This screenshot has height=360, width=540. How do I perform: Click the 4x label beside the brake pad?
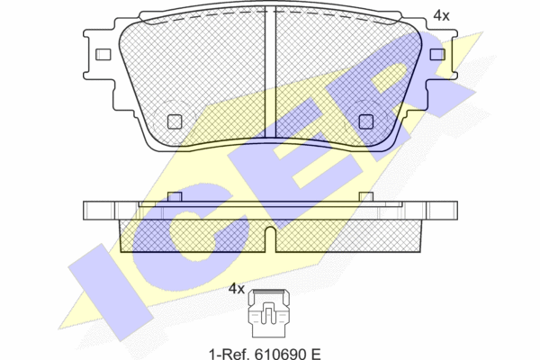(x=441, y=15)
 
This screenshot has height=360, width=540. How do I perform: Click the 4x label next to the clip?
(x=237, y=289)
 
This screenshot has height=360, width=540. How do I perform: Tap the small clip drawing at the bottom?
(x=268, y=313)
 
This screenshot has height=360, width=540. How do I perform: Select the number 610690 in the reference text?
(x=280, y=354)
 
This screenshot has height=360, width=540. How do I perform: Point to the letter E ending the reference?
(x=316, y=354)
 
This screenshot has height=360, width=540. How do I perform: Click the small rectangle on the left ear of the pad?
(x=103, y=54)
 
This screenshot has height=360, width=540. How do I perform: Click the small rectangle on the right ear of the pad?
(x=437, y=54)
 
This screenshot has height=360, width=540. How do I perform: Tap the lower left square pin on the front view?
(x=175, y=121)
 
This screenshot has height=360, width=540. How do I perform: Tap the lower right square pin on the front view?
(x=365, y=121)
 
